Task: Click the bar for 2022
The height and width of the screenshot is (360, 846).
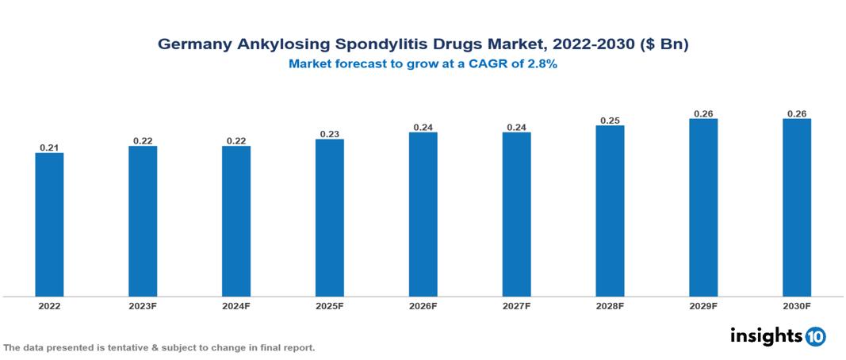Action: point(49,224)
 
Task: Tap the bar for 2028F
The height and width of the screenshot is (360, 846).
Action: point(610,211)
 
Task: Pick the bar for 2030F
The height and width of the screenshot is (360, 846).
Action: point(797,208)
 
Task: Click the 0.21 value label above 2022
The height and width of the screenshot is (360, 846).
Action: point(49,147)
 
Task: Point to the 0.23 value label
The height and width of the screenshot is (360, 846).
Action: point(329,134)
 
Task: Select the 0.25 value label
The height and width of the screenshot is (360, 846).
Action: point(610,121)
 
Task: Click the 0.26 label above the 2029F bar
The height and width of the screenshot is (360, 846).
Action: point(703,113)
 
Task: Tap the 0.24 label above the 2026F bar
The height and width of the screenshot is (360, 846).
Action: point(423,127)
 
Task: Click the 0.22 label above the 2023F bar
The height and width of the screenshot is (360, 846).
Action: point(143,141)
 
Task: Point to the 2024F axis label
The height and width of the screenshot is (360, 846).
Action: point(235,306)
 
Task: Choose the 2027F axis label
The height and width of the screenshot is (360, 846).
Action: point(516,306)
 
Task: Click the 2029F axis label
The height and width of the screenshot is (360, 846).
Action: point(703,306)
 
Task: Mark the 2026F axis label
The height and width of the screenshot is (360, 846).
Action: point(423,306)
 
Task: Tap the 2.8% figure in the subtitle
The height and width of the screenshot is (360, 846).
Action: point(542,64)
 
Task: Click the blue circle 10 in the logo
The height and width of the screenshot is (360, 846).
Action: point(815,337)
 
